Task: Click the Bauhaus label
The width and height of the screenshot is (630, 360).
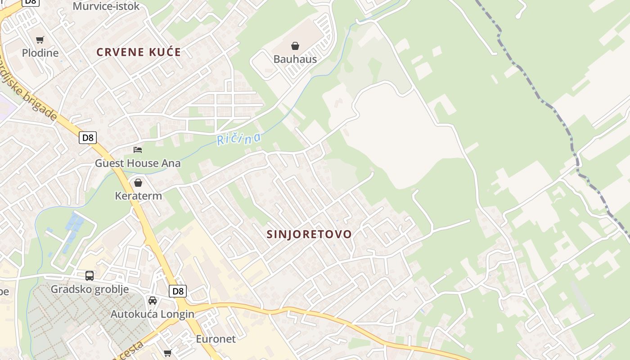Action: tap(295, 59)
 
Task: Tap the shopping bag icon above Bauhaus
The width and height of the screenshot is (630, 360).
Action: tap(295, 46)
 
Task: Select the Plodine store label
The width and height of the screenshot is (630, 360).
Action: tap(40, 53)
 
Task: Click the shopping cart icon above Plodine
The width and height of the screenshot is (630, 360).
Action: tap(40, 40)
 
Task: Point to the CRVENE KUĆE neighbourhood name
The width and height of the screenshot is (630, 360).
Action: tap(139, 52)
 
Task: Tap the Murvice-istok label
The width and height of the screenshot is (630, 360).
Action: tap(106, 6)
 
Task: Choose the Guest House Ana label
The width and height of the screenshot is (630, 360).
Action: tap(138, 163)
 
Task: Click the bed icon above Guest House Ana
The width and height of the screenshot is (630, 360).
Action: tap(138, 149)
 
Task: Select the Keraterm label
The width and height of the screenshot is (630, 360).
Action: tap(138, 196)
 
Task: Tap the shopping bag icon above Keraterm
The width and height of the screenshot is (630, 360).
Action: tap(138, 183)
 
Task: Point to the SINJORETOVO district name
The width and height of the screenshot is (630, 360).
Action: tap(309, 234)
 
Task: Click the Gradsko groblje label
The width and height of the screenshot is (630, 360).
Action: tap(90, 289)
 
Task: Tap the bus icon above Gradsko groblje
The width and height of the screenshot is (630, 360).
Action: tap(90, 276)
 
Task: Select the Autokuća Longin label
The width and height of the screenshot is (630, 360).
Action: tap(153, 314)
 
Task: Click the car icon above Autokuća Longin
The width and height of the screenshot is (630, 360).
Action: tap(153, 301)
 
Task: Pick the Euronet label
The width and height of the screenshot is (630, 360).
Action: tap(216, 339)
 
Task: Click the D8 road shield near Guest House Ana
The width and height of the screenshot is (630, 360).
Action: tap(88, 138)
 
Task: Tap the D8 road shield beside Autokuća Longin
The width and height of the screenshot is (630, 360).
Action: tap(178, 291)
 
